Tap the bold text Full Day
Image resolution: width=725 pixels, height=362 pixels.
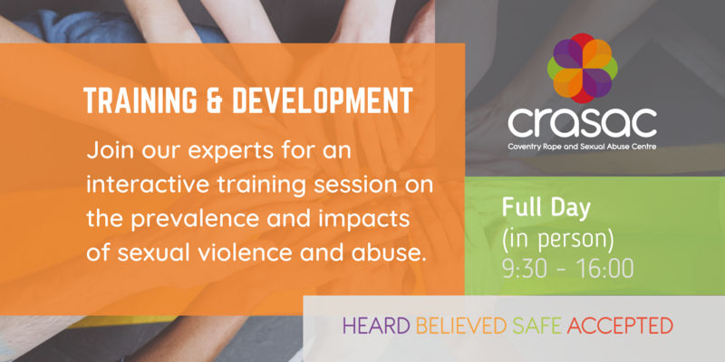pyautogui.click(x=546, y=207)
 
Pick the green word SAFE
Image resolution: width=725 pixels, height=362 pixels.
pyautogui.click(x=535, y=323)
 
